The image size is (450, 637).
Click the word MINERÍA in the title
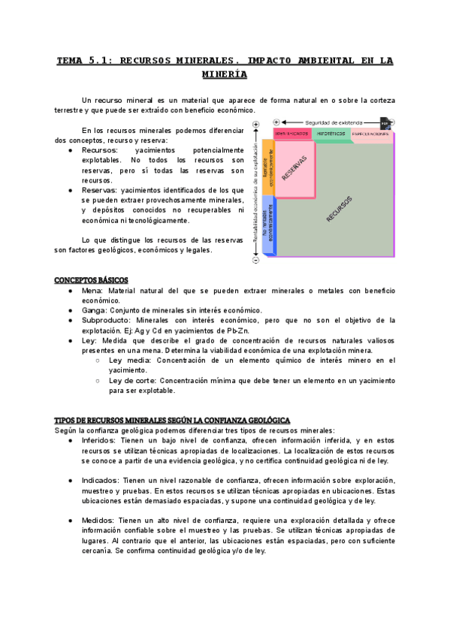[x=225, y=74]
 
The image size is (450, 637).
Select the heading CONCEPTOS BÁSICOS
[x=91, y=280]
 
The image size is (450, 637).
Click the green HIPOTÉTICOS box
[x=331, y=134]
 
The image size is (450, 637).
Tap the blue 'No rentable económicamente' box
[x=267, y=224]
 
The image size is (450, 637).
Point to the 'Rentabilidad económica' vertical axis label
[x=256, y=193]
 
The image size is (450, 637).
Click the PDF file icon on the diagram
[x=385, y=122]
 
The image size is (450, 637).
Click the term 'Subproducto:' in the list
[x=107, y=320]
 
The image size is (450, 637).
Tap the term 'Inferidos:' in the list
[x=99, y=440]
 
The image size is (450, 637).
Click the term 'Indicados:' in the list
[x=101, y=480]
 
